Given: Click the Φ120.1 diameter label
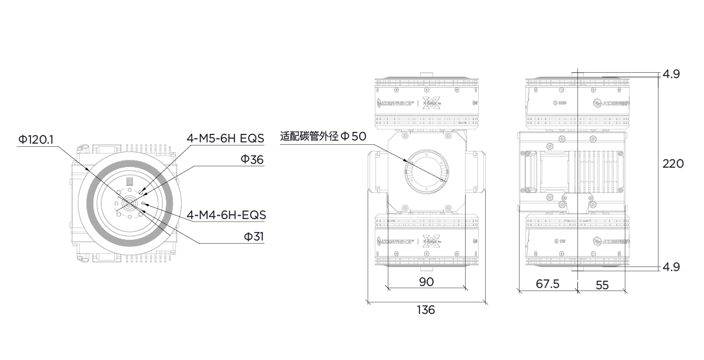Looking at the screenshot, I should click(36, 138).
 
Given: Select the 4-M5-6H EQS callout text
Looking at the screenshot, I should click(225, 138).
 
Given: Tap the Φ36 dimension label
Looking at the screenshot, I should click(252, 160).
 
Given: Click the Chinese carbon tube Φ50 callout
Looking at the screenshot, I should click(323, 136).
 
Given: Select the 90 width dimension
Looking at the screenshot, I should click(426, 281).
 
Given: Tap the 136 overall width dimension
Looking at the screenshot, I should click(425, 310).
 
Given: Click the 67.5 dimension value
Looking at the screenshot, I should click(547, 284).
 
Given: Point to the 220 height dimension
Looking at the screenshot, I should click(673, 164).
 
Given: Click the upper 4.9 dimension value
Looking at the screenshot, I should click(671, 74).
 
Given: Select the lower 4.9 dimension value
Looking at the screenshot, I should click(671, 266).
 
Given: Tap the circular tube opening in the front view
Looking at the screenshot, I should click(426, 172).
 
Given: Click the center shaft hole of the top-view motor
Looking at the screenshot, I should click(128, 203).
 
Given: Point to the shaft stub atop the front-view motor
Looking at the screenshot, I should click(426, 74).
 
